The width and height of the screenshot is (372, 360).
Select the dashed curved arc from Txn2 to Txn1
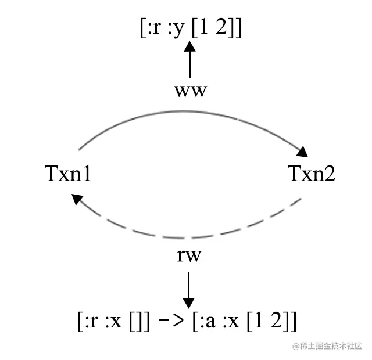192,237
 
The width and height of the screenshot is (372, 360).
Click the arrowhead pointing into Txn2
303,153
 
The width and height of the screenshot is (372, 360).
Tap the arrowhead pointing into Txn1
77,200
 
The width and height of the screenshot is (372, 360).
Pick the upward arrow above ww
189,61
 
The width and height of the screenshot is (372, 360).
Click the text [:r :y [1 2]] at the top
190,28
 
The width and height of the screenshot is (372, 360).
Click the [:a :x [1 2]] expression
244,321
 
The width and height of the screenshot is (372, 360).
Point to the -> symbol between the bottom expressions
172,321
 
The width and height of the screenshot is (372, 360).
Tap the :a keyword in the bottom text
208,321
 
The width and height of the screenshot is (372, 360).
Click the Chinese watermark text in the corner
327,346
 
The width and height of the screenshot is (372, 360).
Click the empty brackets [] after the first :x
137,321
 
